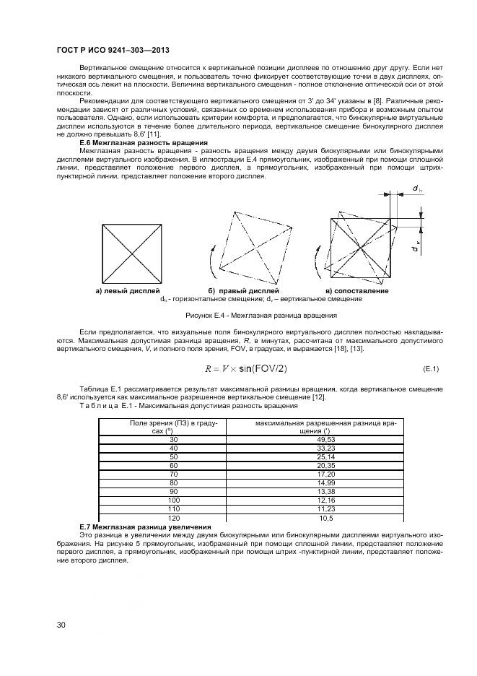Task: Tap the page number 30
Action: tap(61, 625)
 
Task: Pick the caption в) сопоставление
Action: tap(357, 290)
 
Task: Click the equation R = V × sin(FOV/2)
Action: tap(245, 368)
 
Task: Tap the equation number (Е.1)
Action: tap(430, 369)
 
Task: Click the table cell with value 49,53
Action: tap(327, 440)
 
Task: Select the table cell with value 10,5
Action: tap(327, 518)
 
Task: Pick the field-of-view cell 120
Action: tap(173, 518)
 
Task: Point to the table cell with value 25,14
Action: tap(327, 457)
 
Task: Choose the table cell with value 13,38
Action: tap(327, 492)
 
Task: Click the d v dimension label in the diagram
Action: tap(416, 248)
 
